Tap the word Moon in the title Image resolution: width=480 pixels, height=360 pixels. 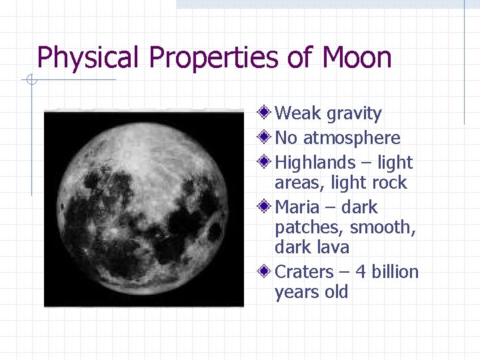point(356,58)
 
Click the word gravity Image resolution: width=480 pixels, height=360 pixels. point(354,114)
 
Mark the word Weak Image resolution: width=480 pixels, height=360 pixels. point(298,113)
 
